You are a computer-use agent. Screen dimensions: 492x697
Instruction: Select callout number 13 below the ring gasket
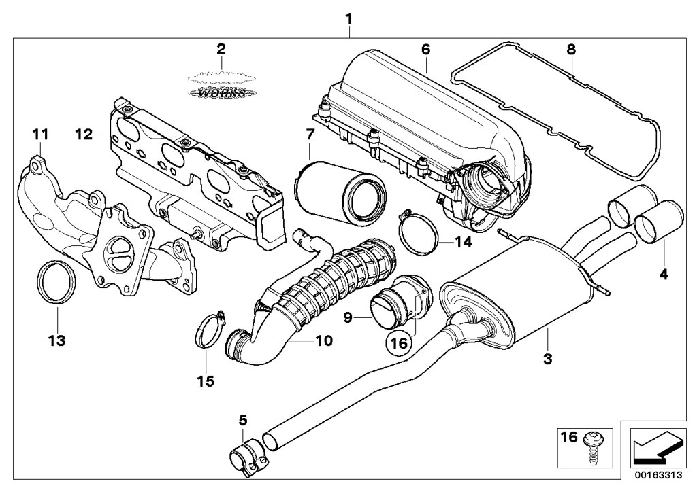(x=57, y=340)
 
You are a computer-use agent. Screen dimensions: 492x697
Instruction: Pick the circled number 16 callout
(x=398, y=344)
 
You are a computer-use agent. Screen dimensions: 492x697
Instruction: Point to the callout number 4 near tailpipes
(x=664, y=275)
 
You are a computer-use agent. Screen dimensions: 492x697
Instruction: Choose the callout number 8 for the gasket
(x=570, y=48)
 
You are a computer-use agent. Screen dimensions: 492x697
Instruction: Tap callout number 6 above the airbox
(x=425, y=48)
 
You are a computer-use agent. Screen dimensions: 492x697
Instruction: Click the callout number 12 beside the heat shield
(x=84, y=135)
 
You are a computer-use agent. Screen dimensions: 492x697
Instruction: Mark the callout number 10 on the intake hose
(x=324, y=340)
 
